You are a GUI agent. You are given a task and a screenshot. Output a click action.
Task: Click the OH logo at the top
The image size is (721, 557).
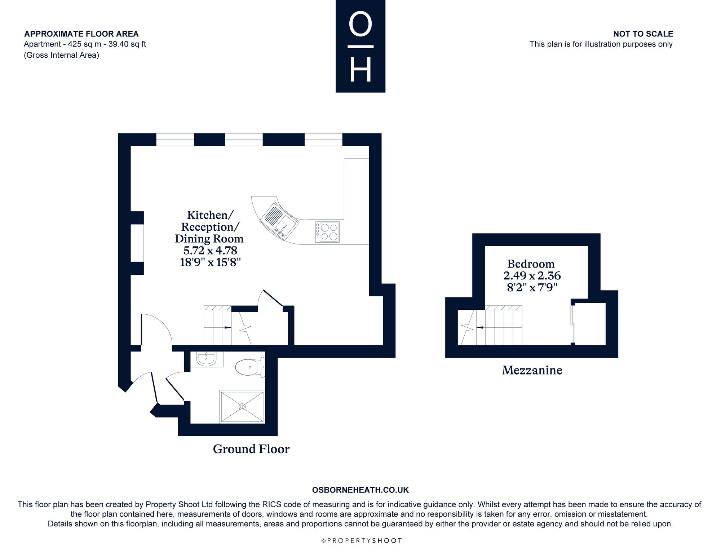click(360, 46)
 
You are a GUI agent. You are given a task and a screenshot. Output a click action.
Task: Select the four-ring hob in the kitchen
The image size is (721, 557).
click(327, 232)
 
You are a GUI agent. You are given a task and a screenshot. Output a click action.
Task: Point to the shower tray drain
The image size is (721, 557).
click(242, 407)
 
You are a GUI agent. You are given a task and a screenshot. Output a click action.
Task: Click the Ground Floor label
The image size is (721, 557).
click(251, 449)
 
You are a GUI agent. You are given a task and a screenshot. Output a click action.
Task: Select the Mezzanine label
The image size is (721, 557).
click(532, 370)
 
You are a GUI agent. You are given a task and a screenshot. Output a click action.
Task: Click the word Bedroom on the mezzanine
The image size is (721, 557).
click(531, 264)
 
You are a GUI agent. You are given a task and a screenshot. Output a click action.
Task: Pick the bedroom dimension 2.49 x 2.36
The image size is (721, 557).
click(532, 276)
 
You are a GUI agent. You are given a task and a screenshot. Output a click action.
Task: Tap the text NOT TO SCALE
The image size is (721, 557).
click(643, 34)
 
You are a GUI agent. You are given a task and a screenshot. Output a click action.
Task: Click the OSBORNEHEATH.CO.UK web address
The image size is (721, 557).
click(360, 490)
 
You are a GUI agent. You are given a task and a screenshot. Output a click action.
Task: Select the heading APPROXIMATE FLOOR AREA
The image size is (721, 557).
click(81, 34)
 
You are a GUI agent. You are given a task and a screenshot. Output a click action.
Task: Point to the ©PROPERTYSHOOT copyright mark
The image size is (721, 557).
click(361, 541)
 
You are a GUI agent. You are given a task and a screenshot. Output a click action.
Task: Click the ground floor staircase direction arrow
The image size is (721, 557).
click(228, 327)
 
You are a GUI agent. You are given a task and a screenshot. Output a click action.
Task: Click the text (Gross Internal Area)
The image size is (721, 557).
click(61, 55)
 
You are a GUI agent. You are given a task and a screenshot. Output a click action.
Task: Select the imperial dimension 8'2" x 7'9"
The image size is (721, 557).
click(532, 288)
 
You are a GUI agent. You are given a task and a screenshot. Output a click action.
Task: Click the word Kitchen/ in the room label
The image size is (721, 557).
click(210, 215)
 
